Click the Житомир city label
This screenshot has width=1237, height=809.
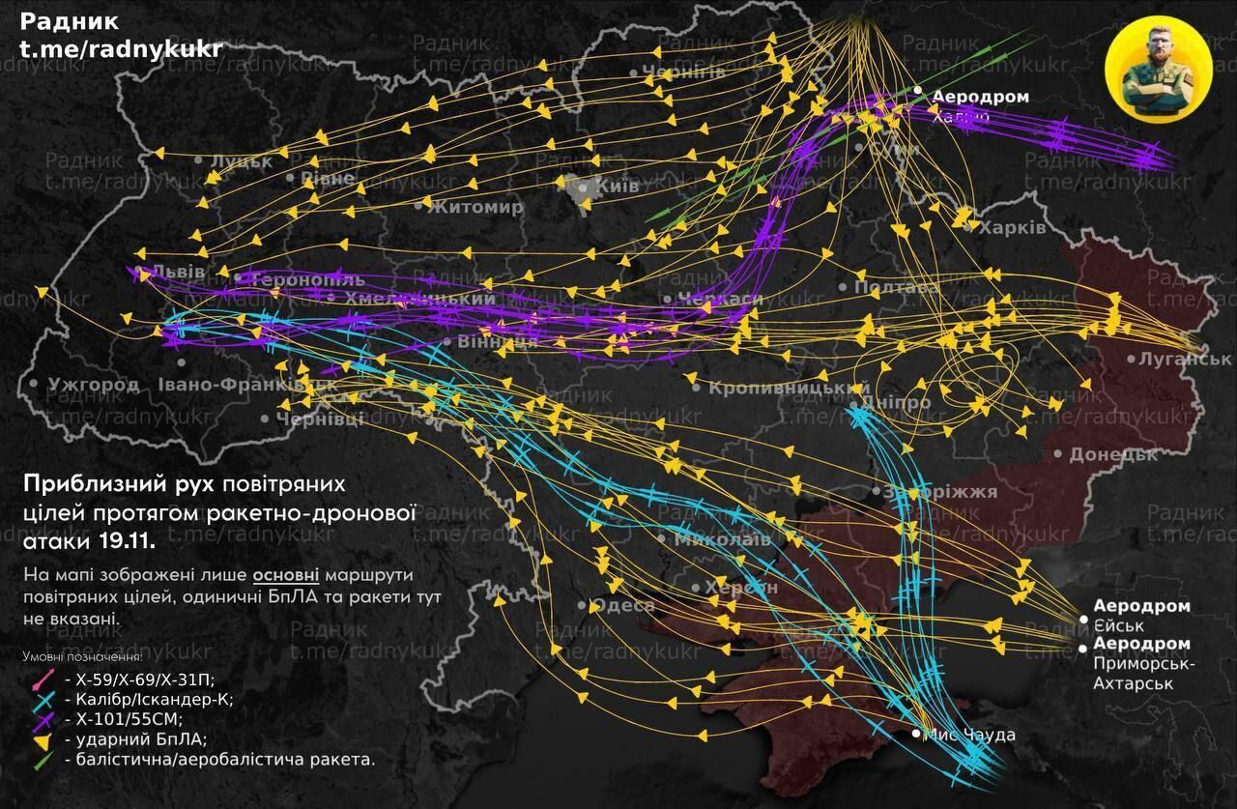476,206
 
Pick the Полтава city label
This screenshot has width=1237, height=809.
897,287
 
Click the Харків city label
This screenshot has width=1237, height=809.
1012,228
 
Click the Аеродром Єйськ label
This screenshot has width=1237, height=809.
1141,616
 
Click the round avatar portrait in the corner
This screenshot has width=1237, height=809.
1158,71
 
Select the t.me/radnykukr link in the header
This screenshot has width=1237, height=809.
121,49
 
